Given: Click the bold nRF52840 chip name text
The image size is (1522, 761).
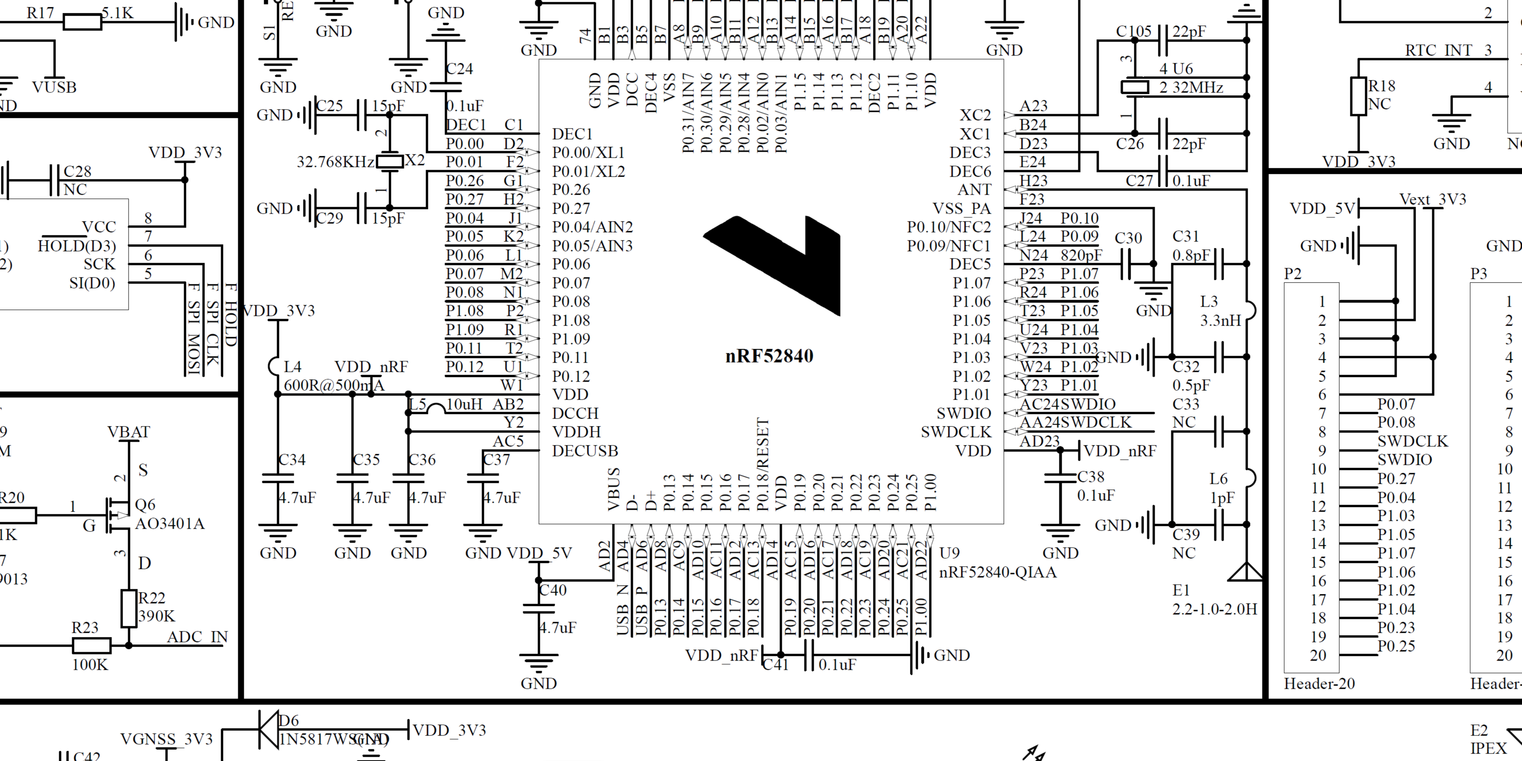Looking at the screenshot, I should click(769, 356).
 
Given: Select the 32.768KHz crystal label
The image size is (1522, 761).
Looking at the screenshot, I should click(335, 162).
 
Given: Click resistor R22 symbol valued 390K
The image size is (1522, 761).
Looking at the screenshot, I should click(129, 608).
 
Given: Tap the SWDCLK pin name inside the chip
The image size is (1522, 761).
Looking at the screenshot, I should click(955, 433).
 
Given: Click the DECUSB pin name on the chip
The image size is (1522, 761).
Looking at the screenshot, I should click(585, 451).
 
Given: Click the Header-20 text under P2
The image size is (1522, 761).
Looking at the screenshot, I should click(1319, 684).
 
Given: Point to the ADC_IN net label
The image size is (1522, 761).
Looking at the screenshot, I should click(198, 637).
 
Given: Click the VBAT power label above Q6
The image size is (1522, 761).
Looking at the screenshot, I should click(129, 432).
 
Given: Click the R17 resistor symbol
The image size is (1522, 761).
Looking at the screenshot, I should click(82, 23).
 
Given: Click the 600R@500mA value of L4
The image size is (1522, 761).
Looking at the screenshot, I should click(334, 386).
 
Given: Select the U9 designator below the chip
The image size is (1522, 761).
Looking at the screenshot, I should click(949, 553).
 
